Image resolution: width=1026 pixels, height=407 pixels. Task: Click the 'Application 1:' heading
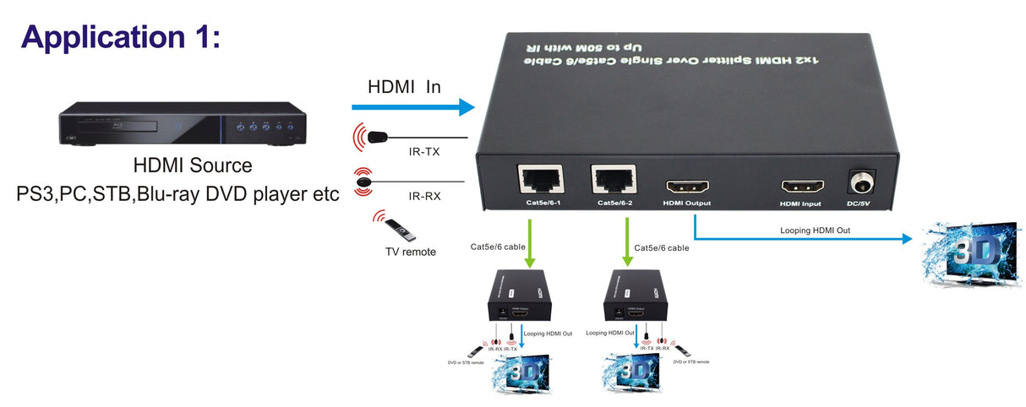(120, 36)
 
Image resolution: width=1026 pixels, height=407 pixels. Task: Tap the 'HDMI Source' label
(193, 166)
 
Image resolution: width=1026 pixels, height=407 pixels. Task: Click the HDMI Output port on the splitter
(687, 187)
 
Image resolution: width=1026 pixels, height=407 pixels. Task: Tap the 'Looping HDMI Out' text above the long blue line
(815, 230)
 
